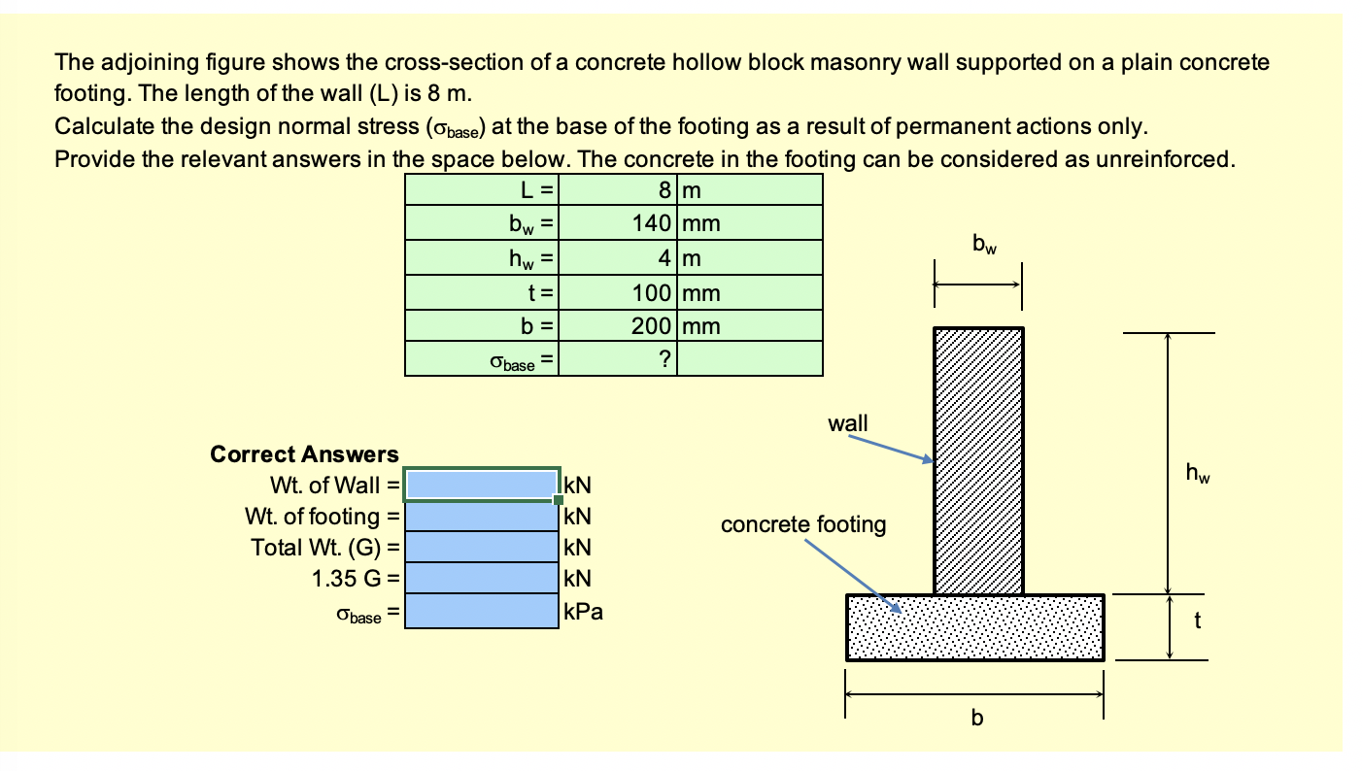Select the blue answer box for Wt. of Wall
(481, 485)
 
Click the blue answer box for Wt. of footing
(481, 516)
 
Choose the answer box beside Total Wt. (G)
(481, 547)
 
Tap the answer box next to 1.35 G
(481, 580)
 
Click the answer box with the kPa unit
(481, 613)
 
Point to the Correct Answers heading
(304, 454)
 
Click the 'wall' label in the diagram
(848, 423)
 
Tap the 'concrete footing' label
(802, 525)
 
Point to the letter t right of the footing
(1197, 622)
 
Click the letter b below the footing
(976, 719)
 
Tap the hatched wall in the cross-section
(977, 460)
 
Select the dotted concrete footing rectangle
(974, 627)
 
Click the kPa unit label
(583, 613)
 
